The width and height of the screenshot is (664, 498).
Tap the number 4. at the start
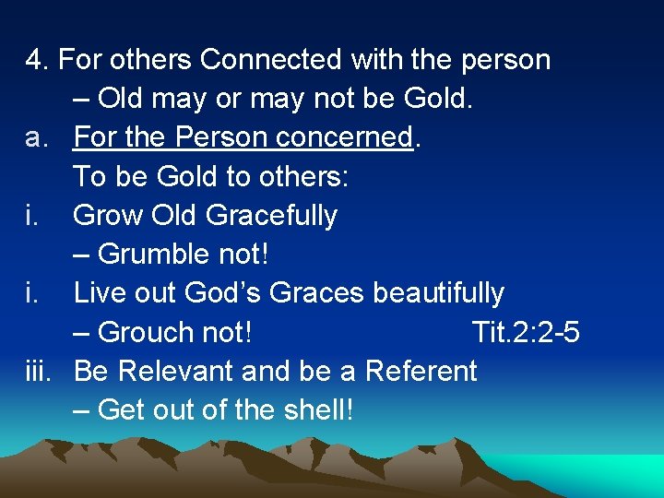click(x=37, y=60)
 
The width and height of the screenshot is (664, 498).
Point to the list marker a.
click(x=37, y=137)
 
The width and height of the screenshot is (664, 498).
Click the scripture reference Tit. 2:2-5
click(x=525, y=332)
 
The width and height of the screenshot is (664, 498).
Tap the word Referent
click(x=421, y=371)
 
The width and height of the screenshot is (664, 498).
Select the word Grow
click(x=101, y=216)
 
